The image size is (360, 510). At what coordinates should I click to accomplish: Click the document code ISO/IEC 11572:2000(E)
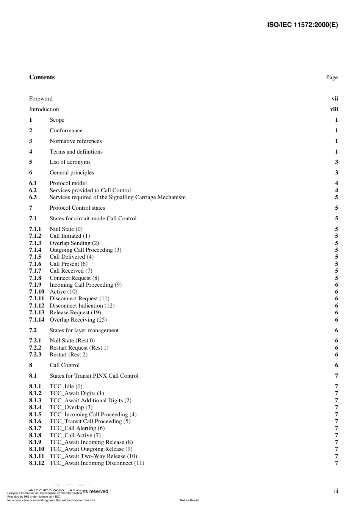302,25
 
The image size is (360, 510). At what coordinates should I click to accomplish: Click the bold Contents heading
42,77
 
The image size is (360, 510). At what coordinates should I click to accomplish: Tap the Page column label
332,77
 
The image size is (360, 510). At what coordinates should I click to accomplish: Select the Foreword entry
41,99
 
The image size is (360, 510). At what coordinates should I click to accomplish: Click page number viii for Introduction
334,109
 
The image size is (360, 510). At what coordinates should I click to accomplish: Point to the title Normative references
76,141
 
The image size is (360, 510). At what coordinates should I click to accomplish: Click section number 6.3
33,197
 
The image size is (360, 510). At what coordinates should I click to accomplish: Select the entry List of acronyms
70,162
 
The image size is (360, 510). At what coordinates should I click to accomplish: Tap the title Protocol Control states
77,208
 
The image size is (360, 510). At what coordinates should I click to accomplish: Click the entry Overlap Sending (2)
74,243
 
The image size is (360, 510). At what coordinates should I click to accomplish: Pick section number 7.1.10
36,292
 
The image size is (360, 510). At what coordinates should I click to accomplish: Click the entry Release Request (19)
75,312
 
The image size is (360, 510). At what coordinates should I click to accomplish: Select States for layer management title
84,330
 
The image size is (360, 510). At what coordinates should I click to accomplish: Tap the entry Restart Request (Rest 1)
79,348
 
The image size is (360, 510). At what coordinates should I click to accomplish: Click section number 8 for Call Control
31,365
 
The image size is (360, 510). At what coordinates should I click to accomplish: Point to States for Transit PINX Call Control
94,376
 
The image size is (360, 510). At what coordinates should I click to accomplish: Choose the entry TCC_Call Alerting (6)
77,428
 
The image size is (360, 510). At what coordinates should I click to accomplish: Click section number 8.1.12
36,463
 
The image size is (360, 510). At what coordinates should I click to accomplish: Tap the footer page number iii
336,491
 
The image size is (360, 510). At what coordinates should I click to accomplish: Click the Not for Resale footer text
189,500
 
